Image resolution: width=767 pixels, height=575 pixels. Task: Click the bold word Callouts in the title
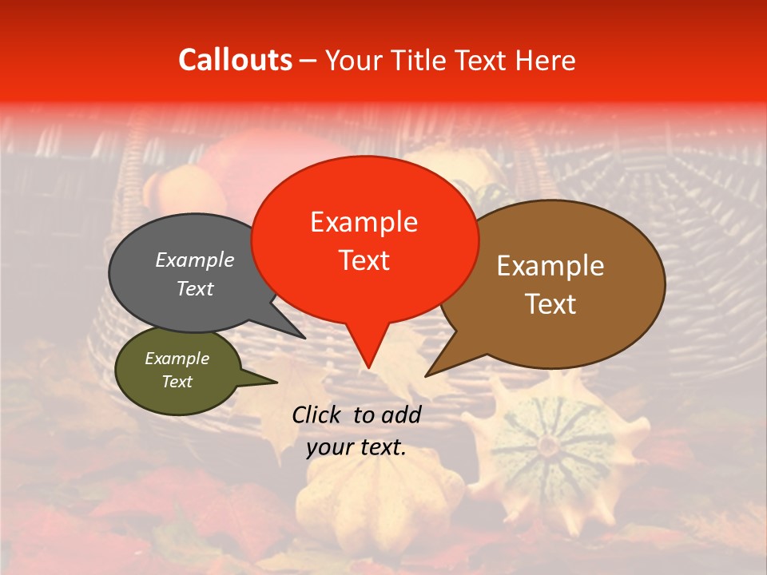click(x=235, y=60)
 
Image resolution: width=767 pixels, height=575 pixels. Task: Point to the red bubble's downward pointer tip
click(x=368, y=367)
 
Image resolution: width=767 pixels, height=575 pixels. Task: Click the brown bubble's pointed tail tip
click(x=426, y=375)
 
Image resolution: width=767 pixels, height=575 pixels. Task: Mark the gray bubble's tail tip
click(x=304, y=338)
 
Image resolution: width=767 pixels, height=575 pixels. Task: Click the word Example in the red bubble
click(x=364, y=222)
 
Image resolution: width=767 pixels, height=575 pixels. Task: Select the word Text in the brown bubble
click(x=550, y=304)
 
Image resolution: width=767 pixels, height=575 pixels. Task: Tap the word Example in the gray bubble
click(x=195, y=260)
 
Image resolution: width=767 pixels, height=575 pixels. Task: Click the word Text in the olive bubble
click(x=177, y=382)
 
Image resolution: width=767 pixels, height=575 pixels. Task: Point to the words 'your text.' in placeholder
click(x=356, y=448)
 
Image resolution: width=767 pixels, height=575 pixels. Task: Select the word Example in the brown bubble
click(x=550, y=266)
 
